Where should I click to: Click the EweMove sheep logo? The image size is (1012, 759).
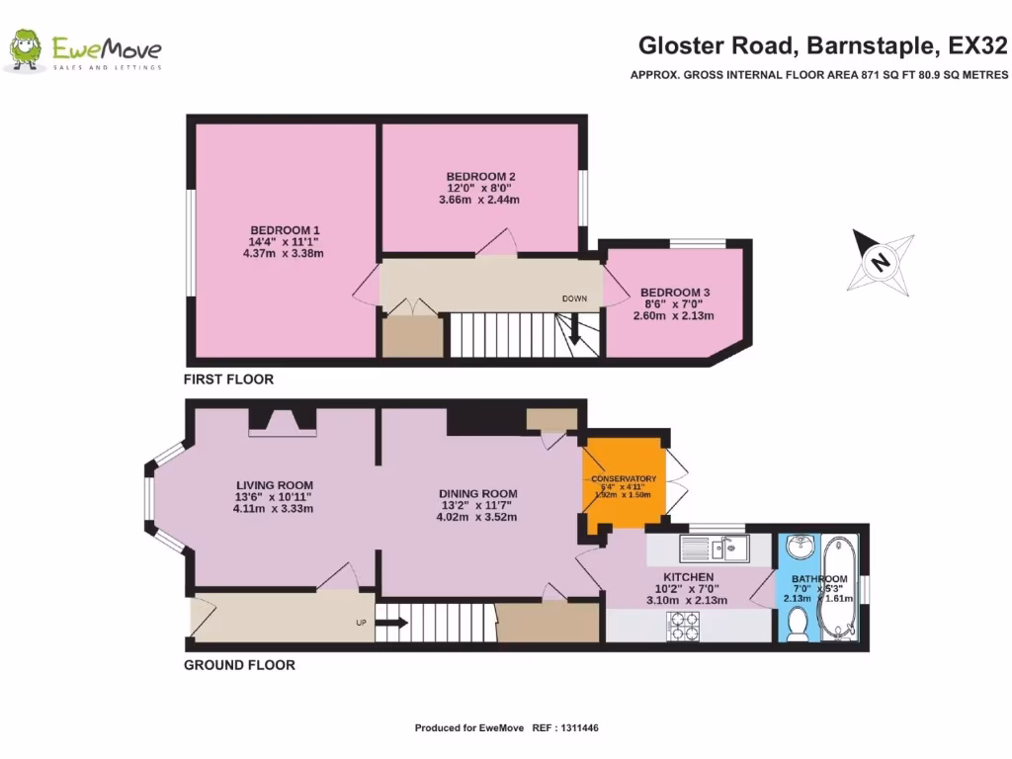coord(25,50)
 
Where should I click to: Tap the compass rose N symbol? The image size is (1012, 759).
coord(878,261)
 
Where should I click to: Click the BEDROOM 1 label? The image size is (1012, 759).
coord(284,229)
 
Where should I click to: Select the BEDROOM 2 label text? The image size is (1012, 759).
coord(479,177)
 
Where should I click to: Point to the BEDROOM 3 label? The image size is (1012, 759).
coord(675,293)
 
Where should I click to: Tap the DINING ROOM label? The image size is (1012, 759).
coord(478,493)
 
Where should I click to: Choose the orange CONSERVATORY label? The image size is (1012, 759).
coord(624,479)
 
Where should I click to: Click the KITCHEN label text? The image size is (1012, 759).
coord(688,577)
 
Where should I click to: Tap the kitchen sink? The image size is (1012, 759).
coord(714,547)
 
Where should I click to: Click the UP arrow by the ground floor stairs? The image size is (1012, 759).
coord(390,623)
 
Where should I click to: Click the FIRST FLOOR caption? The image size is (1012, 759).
coord(228,379)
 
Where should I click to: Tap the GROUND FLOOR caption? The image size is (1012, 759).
coord(239,665)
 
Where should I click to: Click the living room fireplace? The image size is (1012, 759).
coord(283,422)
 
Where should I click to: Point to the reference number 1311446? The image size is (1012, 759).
coord(578,728)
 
